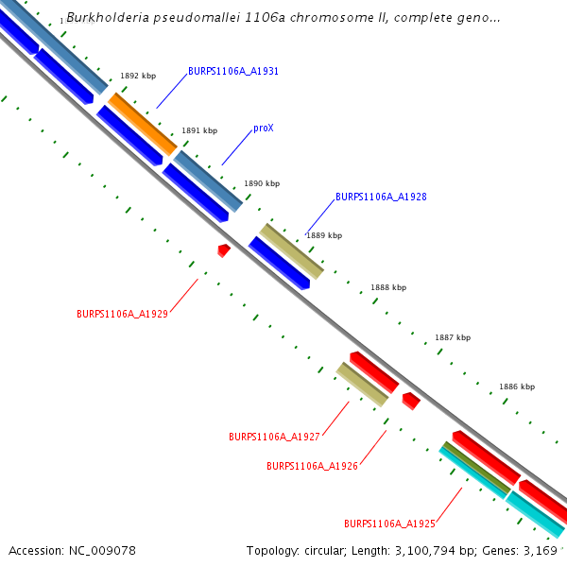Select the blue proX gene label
[x=264, y=128]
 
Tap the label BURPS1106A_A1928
[x=381, y=198]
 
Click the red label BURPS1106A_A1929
[x=122, y=314]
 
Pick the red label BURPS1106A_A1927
[x=274, y=437]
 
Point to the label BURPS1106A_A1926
[x=312, y=466]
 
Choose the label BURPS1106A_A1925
[x=389, y=523]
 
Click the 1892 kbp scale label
[x=138, y=76]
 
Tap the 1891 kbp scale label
[x=199, y=131]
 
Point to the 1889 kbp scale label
[x=324, y=235]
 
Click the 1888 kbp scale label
[x=388, y=287]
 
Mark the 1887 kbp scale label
[x=453, y=337]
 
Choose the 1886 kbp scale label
[x=517, y=387]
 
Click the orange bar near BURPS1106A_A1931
[x=142, y=124]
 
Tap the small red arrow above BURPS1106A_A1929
[x=224, y=249]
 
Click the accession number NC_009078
[x=103, y=550]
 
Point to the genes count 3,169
[x=541, y=550]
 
